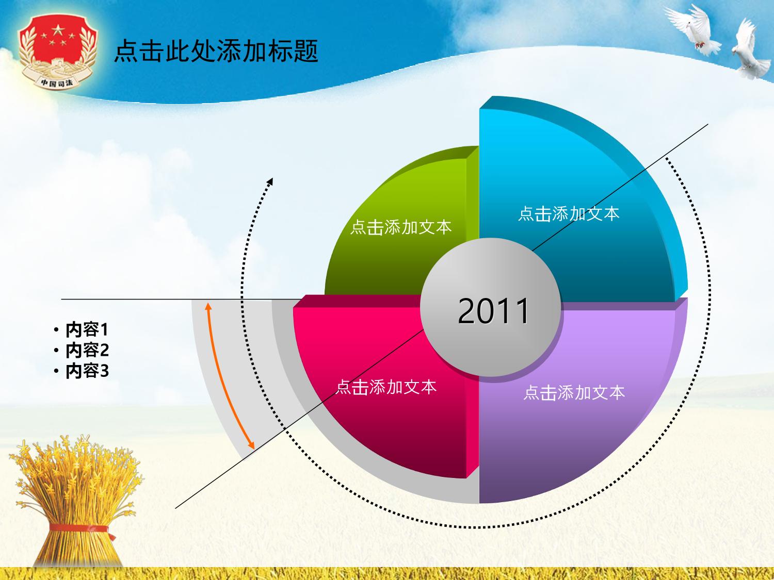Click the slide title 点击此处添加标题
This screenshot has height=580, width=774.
tap(216, 51)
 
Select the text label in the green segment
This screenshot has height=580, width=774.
tap(401, 227)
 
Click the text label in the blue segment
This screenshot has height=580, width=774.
tap(569, 214)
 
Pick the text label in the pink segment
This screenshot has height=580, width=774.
tap(386, 387)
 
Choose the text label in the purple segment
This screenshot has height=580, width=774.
tap(574, 392)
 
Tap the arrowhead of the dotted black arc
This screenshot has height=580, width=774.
tap(270, 180)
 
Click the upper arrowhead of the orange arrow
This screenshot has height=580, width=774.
tap(208, 306)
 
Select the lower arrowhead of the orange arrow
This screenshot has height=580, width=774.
tap(251, 445)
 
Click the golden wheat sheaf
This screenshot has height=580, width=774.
tap(76, 500)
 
